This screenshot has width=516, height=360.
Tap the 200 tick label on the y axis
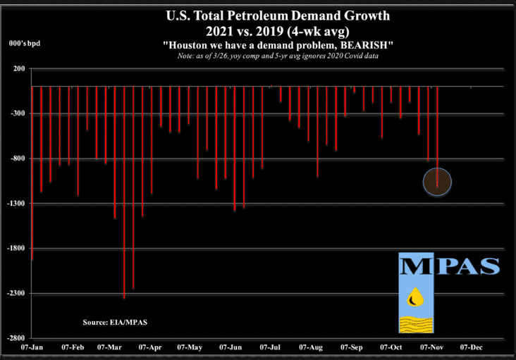(18, 68)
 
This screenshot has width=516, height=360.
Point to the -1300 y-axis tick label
(15, 204)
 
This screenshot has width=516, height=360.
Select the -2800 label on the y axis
(15, 339)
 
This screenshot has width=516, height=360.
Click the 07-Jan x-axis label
(32, 347)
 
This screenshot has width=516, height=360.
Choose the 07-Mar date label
(112, 347)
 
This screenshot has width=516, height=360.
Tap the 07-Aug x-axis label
(311, 347)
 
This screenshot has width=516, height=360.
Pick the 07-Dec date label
(471, 347)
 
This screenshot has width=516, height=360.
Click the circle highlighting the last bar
(437, 182)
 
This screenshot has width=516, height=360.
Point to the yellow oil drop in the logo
(412, 299)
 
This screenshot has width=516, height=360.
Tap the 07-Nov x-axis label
(431, 347)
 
